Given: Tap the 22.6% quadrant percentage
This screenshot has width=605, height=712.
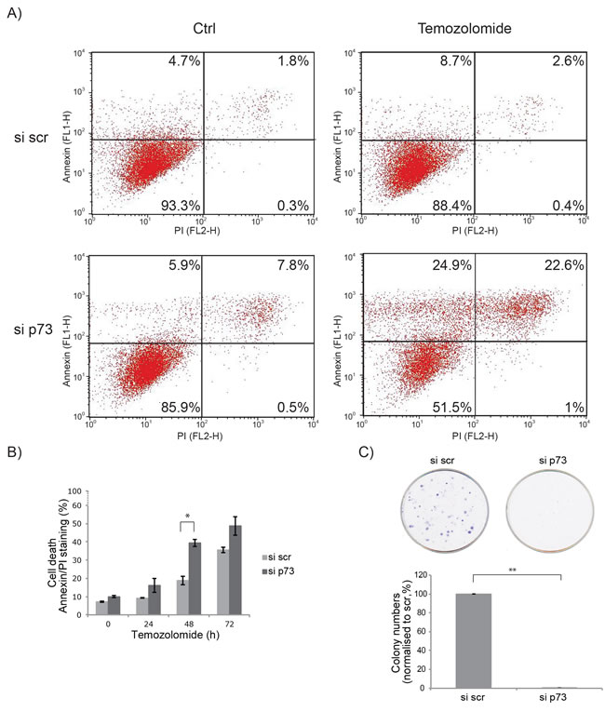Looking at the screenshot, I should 562,265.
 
